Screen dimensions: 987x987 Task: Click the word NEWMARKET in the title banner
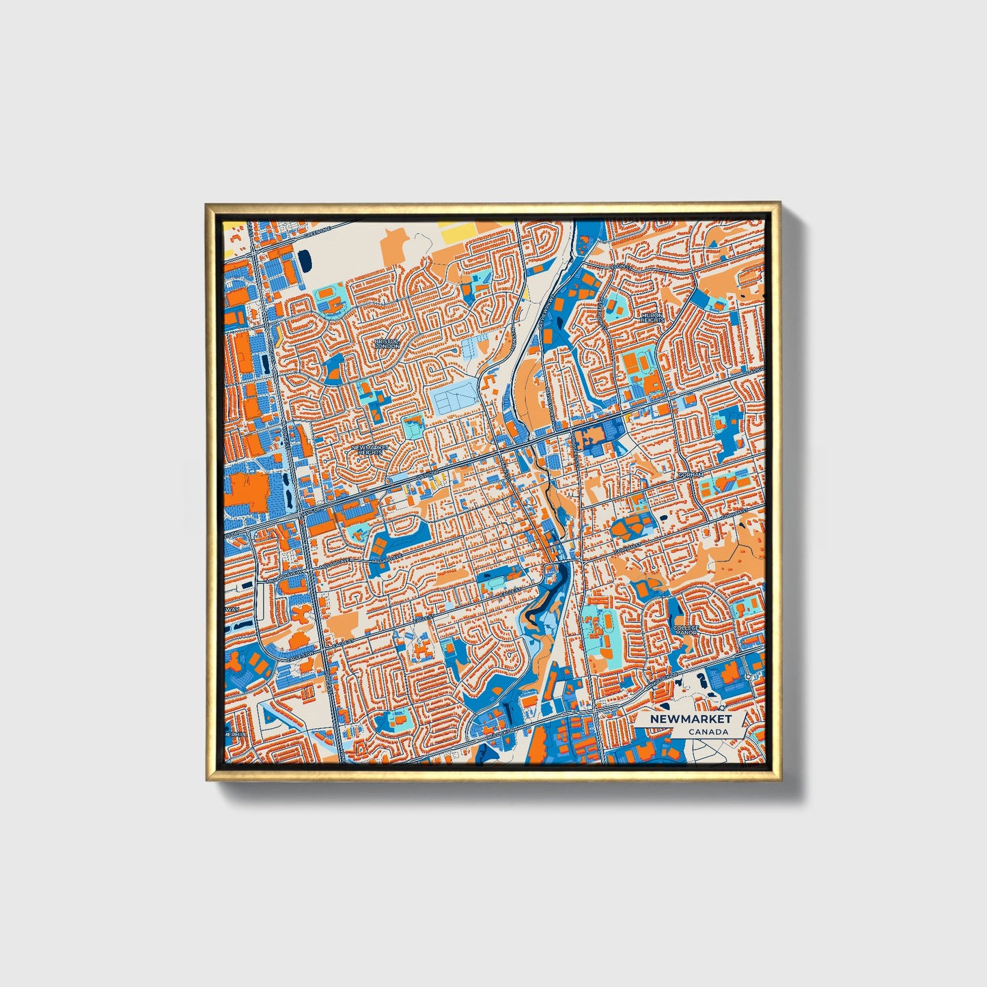(690, 719)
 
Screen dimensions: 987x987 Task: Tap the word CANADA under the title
(708, 732)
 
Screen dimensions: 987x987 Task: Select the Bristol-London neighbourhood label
(387, 344)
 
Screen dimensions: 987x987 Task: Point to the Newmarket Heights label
(368, 450)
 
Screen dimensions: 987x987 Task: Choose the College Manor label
(686, 630)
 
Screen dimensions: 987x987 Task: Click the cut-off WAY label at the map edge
(232, 609)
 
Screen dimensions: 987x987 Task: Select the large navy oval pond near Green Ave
(305, 260)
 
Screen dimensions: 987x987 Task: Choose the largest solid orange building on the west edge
(250, 492)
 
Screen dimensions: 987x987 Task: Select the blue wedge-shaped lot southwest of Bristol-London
(335, 367)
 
